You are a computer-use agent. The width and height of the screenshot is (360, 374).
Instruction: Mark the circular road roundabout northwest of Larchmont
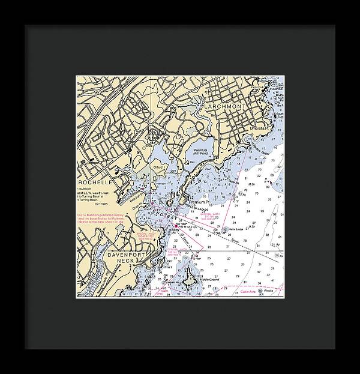(x=145, y=120)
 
